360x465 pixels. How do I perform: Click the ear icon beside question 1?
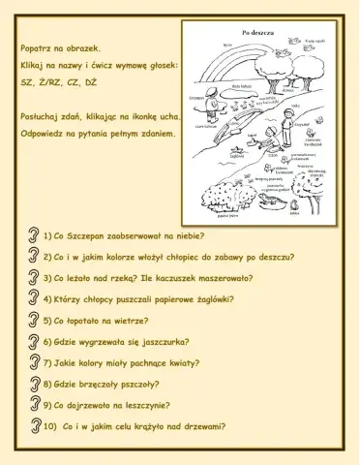coord(34,235)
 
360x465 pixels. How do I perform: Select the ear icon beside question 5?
coord(34,320)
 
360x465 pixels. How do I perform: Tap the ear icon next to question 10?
coord(34,425)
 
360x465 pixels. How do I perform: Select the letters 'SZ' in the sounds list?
coord(28,84)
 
